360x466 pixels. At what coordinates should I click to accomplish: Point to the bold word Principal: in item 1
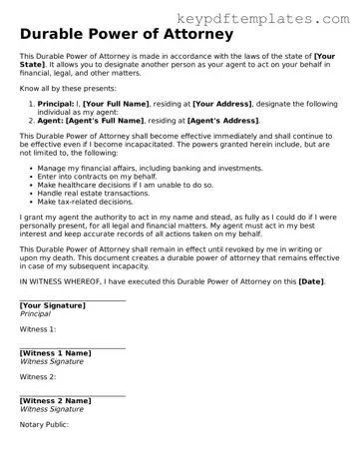(x=57, y=103)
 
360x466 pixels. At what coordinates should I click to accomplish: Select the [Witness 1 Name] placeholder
(x=55, y=352)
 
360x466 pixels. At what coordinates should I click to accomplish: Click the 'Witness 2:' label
(x=38, y=376)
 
